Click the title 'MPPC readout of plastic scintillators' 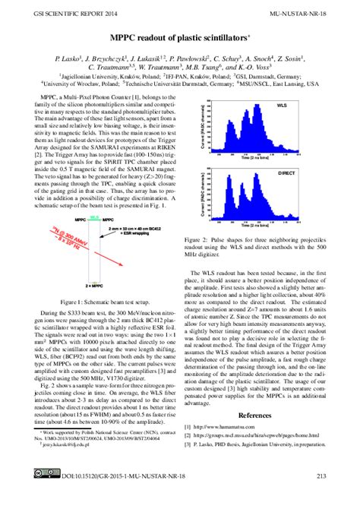(x=179, y=37)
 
